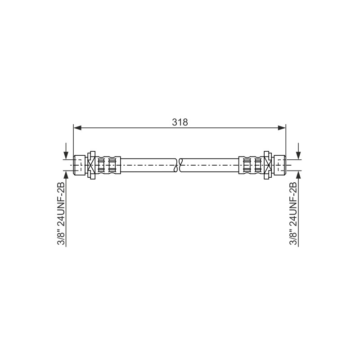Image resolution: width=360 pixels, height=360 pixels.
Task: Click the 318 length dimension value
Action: pyautogui.click(x=180, y=122)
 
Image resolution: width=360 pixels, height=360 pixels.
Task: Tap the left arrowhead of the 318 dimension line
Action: pyautogui.click(x=77, y=128)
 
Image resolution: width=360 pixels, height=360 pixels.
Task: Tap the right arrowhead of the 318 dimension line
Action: pyautogui.click(x=282, y=128)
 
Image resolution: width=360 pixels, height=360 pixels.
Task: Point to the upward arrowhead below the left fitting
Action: pyautogui.click(x=66, y=174)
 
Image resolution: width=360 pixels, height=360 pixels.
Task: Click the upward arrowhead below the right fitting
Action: pyautogui.click(x=298, y=174)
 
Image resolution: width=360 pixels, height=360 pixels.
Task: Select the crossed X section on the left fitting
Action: pyautogui.click(x=92, y=165)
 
